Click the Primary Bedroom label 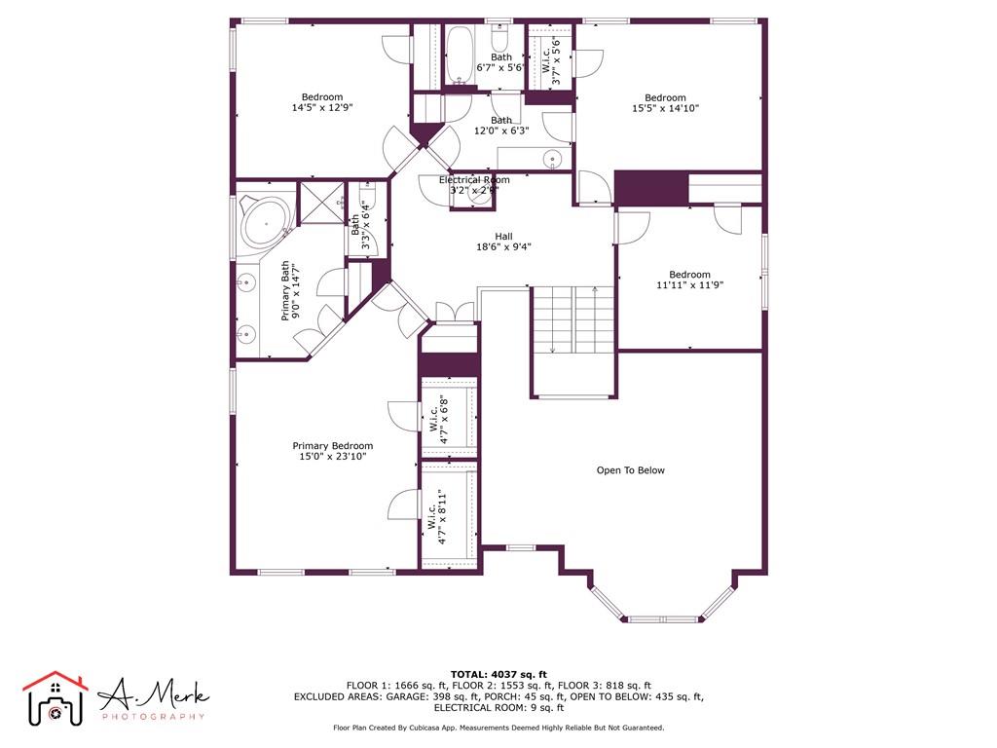point(332,446)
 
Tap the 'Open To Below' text point(630,470)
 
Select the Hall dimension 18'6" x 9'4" point(503,246)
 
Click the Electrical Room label point(474,180)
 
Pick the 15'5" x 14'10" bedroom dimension point(665,109)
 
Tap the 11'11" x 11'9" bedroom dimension point(690,285)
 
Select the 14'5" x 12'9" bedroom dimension point(321,108)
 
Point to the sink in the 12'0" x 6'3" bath point(553,159)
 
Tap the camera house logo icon point(55,698)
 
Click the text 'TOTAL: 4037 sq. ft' point(498,674)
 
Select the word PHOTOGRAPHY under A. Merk point(154,717)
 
